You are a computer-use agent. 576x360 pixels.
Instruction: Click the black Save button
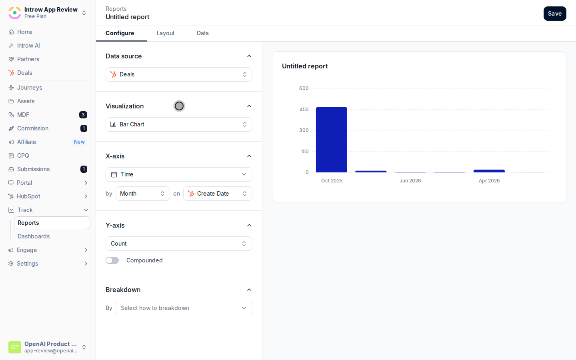click(555, 14)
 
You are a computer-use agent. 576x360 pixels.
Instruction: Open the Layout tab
click(166, 33)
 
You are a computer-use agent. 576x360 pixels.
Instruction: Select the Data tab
click(203, 33)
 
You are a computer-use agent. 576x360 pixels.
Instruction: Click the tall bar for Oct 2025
click(332, 140)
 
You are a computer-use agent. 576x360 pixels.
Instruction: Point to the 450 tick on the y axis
click(304, 110)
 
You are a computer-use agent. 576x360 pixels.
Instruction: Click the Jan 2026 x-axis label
click(410, 181)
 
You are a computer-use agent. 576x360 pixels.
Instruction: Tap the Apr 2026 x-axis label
click(489, 181)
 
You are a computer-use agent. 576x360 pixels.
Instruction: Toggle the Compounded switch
click(112, 260)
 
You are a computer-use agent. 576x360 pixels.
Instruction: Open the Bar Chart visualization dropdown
click(179, 124)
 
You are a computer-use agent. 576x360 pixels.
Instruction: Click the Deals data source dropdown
click(179, 74)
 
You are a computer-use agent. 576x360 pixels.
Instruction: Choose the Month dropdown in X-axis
click(142, 194)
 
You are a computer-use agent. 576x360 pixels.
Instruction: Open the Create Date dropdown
click(218, 194)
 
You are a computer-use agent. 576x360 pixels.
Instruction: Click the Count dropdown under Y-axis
click(179, 244)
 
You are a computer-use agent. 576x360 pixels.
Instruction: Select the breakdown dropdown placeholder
click(184, 308)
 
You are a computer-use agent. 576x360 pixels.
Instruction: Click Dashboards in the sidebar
click(34, 236)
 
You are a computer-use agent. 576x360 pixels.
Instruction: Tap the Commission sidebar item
click(33, 128)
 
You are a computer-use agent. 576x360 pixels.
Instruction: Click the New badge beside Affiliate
click(79, 142)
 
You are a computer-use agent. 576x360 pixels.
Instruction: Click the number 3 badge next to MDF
click(83, 115)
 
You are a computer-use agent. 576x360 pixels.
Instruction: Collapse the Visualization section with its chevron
click(249, 106)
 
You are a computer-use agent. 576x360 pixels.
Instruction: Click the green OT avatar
click(15, 347)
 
